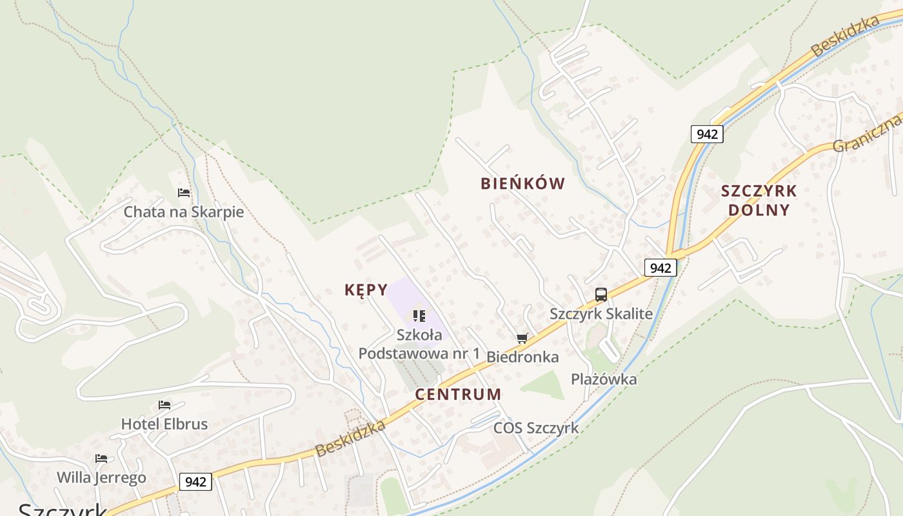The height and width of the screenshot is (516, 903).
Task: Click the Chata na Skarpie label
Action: (x=184, y=212)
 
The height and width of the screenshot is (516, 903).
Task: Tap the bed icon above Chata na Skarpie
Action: (x=184, y=193)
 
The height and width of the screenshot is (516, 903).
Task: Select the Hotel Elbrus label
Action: (x=164, y=424)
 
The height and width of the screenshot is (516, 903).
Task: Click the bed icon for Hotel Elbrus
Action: (x=164, y=405)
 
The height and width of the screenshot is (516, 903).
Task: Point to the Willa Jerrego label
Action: (x=101, y=477)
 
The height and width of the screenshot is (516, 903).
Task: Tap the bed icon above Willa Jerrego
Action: (x=101, y=459)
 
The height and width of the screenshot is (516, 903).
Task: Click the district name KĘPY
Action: (x=366, y=290)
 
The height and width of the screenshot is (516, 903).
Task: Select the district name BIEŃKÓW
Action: (x=522, y=184)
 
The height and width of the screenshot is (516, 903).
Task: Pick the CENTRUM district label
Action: (x=458, y=394)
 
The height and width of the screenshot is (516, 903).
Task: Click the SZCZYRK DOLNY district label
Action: (x=759, y=201)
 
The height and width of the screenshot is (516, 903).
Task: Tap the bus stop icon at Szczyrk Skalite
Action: (x=601, y=295)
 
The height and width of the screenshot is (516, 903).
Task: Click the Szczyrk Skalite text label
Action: (x=601, y=314)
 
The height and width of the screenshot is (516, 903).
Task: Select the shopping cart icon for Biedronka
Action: (x=522, y=338)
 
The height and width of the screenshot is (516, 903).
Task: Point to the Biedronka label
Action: (x=522, y=357)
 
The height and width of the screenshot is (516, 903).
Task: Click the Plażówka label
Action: (x=604, y=379)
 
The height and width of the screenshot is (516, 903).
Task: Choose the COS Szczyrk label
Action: (x=536, y=428)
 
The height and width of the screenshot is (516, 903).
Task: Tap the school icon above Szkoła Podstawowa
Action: (x=419, y=316)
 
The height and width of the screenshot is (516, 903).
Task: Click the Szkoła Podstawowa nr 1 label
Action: (x=419, y=344)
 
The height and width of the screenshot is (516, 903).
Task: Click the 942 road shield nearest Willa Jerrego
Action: (x=195, y=481)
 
